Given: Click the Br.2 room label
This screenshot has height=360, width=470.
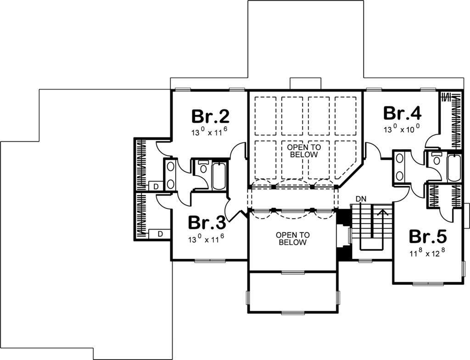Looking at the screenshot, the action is pos(210,116).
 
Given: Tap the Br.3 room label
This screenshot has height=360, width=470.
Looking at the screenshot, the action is pos(207,223).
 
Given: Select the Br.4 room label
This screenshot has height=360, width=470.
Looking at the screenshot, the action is pos(403,113).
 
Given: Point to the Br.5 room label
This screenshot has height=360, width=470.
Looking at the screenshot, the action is pos(428,236).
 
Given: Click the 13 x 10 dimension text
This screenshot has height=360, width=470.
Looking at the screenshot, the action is pos(401,129).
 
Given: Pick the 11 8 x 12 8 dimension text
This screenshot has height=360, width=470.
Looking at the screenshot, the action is pos(427,253).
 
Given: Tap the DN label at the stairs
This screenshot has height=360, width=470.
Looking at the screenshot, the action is pos(361,199).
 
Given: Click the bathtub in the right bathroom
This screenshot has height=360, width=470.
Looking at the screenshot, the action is pos(453,169).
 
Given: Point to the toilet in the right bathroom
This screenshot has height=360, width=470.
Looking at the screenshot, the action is pos(436,159).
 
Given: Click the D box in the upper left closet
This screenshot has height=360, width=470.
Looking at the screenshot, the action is pos(156,186).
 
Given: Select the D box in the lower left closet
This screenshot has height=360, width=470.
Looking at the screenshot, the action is pos(160,233).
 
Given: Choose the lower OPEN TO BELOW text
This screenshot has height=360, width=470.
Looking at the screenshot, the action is pos(292,238).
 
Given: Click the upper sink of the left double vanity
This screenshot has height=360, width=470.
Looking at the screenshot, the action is pos(170,167).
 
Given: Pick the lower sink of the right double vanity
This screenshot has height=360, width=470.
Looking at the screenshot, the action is pos(399,175).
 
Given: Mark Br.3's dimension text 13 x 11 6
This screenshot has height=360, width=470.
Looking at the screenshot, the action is pos(206,239).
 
